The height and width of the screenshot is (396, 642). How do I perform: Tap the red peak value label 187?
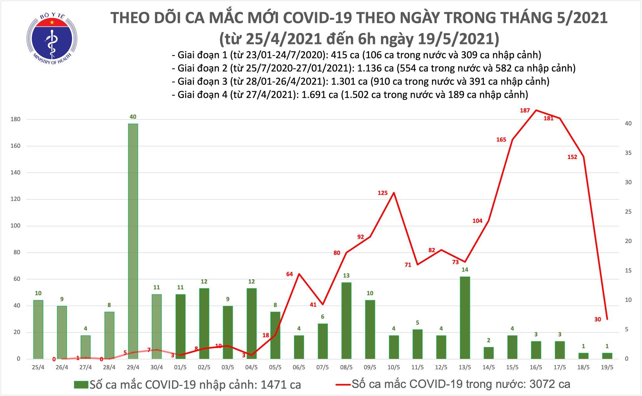coord(525,110)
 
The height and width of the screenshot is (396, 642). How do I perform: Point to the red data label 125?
coord(382,193)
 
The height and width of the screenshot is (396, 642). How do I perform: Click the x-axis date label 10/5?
coord(394,367)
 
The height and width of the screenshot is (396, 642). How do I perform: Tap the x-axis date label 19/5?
coord(607,367)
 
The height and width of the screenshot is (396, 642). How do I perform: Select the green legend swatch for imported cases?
coord(81,384)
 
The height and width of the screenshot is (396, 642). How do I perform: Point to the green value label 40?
coord(133,117)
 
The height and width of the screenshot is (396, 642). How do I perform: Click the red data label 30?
coord(597,319)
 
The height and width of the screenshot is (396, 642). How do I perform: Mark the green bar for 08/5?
coord(346,320)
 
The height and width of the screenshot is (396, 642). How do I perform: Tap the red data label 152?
coord(572,157)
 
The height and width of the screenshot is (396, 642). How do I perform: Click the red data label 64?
coord(289,274)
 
